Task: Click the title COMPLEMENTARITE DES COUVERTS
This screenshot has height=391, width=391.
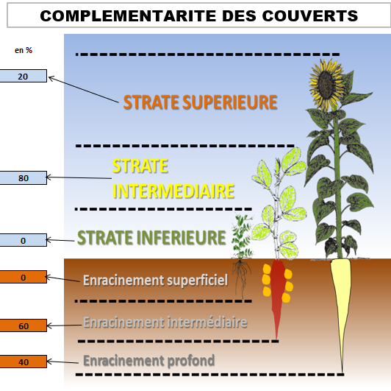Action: pos(198,15)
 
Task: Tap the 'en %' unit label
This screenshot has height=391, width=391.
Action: pos(24,50)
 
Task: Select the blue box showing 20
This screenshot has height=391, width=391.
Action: pos(24,76)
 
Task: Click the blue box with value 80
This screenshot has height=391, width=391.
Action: pos(24,178)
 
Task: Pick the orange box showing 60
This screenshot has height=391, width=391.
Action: pos(24,325)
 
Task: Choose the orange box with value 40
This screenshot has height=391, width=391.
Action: pos(24,362)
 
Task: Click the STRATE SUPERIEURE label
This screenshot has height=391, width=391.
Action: pos(200,102)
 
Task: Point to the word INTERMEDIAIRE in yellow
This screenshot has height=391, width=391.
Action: pos(173,191)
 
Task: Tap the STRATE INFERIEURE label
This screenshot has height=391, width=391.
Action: pos(151,237)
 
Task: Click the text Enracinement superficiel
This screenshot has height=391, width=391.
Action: pos(155,280)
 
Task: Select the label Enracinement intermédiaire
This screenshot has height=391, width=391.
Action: pos(165,322)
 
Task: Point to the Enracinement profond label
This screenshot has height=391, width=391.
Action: pos(149,361)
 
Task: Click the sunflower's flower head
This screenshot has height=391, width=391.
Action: pos(326,84)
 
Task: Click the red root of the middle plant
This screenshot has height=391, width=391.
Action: pos(277,295)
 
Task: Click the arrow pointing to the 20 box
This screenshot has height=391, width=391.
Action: pos(84,90)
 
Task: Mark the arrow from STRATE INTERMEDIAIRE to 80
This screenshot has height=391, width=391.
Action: pos(79,177)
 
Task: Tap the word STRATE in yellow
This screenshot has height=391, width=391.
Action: pos(140,166)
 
